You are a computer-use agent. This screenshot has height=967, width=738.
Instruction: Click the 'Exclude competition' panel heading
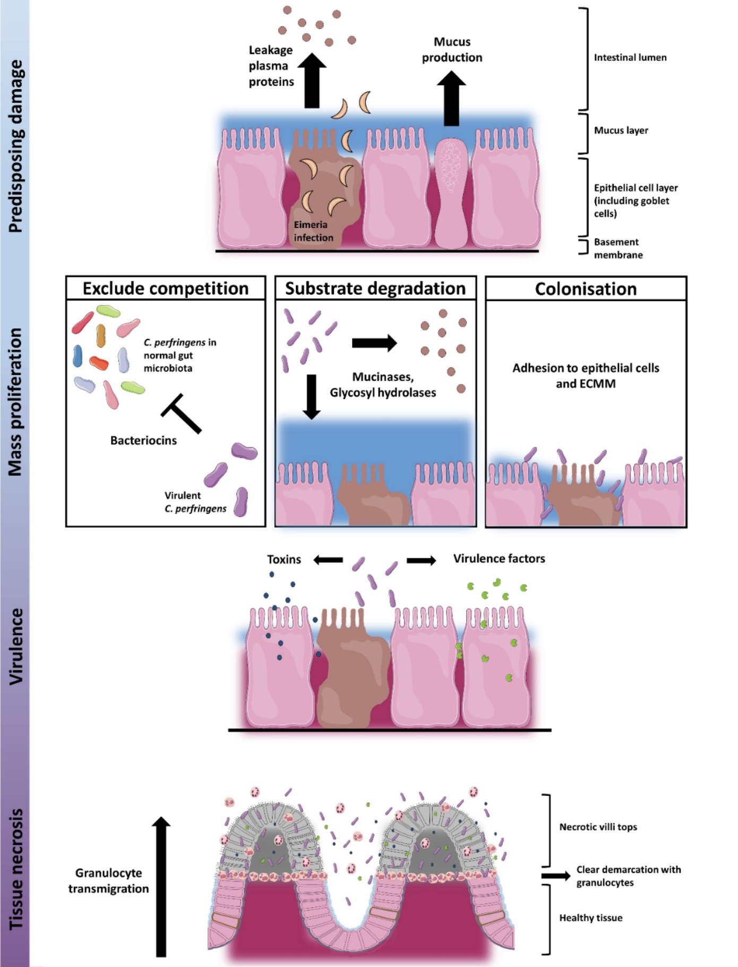165,289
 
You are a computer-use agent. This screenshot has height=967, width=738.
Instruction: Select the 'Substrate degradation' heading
375,289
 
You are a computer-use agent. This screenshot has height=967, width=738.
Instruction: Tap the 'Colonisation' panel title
586,289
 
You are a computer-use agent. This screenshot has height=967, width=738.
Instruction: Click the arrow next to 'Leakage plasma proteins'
312,81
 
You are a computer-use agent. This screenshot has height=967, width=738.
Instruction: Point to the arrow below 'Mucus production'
451,99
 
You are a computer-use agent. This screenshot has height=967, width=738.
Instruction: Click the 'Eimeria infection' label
313,231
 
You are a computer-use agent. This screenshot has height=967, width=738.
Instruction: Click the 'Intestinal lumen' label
630,57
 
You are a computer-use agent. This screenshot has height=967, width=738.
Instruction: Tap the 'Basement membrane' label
618,248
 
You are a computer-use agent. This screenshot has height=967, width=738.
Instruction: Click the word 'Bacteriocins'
143,440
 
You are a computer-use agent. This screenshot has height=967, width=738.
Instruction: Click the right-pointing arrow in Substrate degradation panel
374,343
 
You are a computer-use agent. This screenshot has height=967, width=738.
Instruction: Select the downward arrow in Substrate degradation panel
312,396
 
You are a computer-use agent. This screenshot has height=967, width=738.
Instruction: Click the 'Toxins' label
284,559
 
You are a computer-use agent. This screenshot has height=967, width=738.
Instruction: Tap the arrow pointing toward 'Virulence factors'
422,560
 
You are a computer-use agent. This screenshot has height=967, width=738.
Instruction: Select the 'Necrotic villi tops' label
598,827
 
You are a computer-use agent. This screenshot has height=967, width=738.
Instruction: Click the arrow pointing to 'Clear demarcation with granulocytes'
555,876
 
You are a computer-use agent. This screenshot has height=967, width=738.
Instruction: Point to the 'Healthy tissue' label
590,918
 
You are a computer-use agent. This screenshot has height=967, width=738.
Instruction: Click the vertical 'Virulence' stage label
16,646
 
